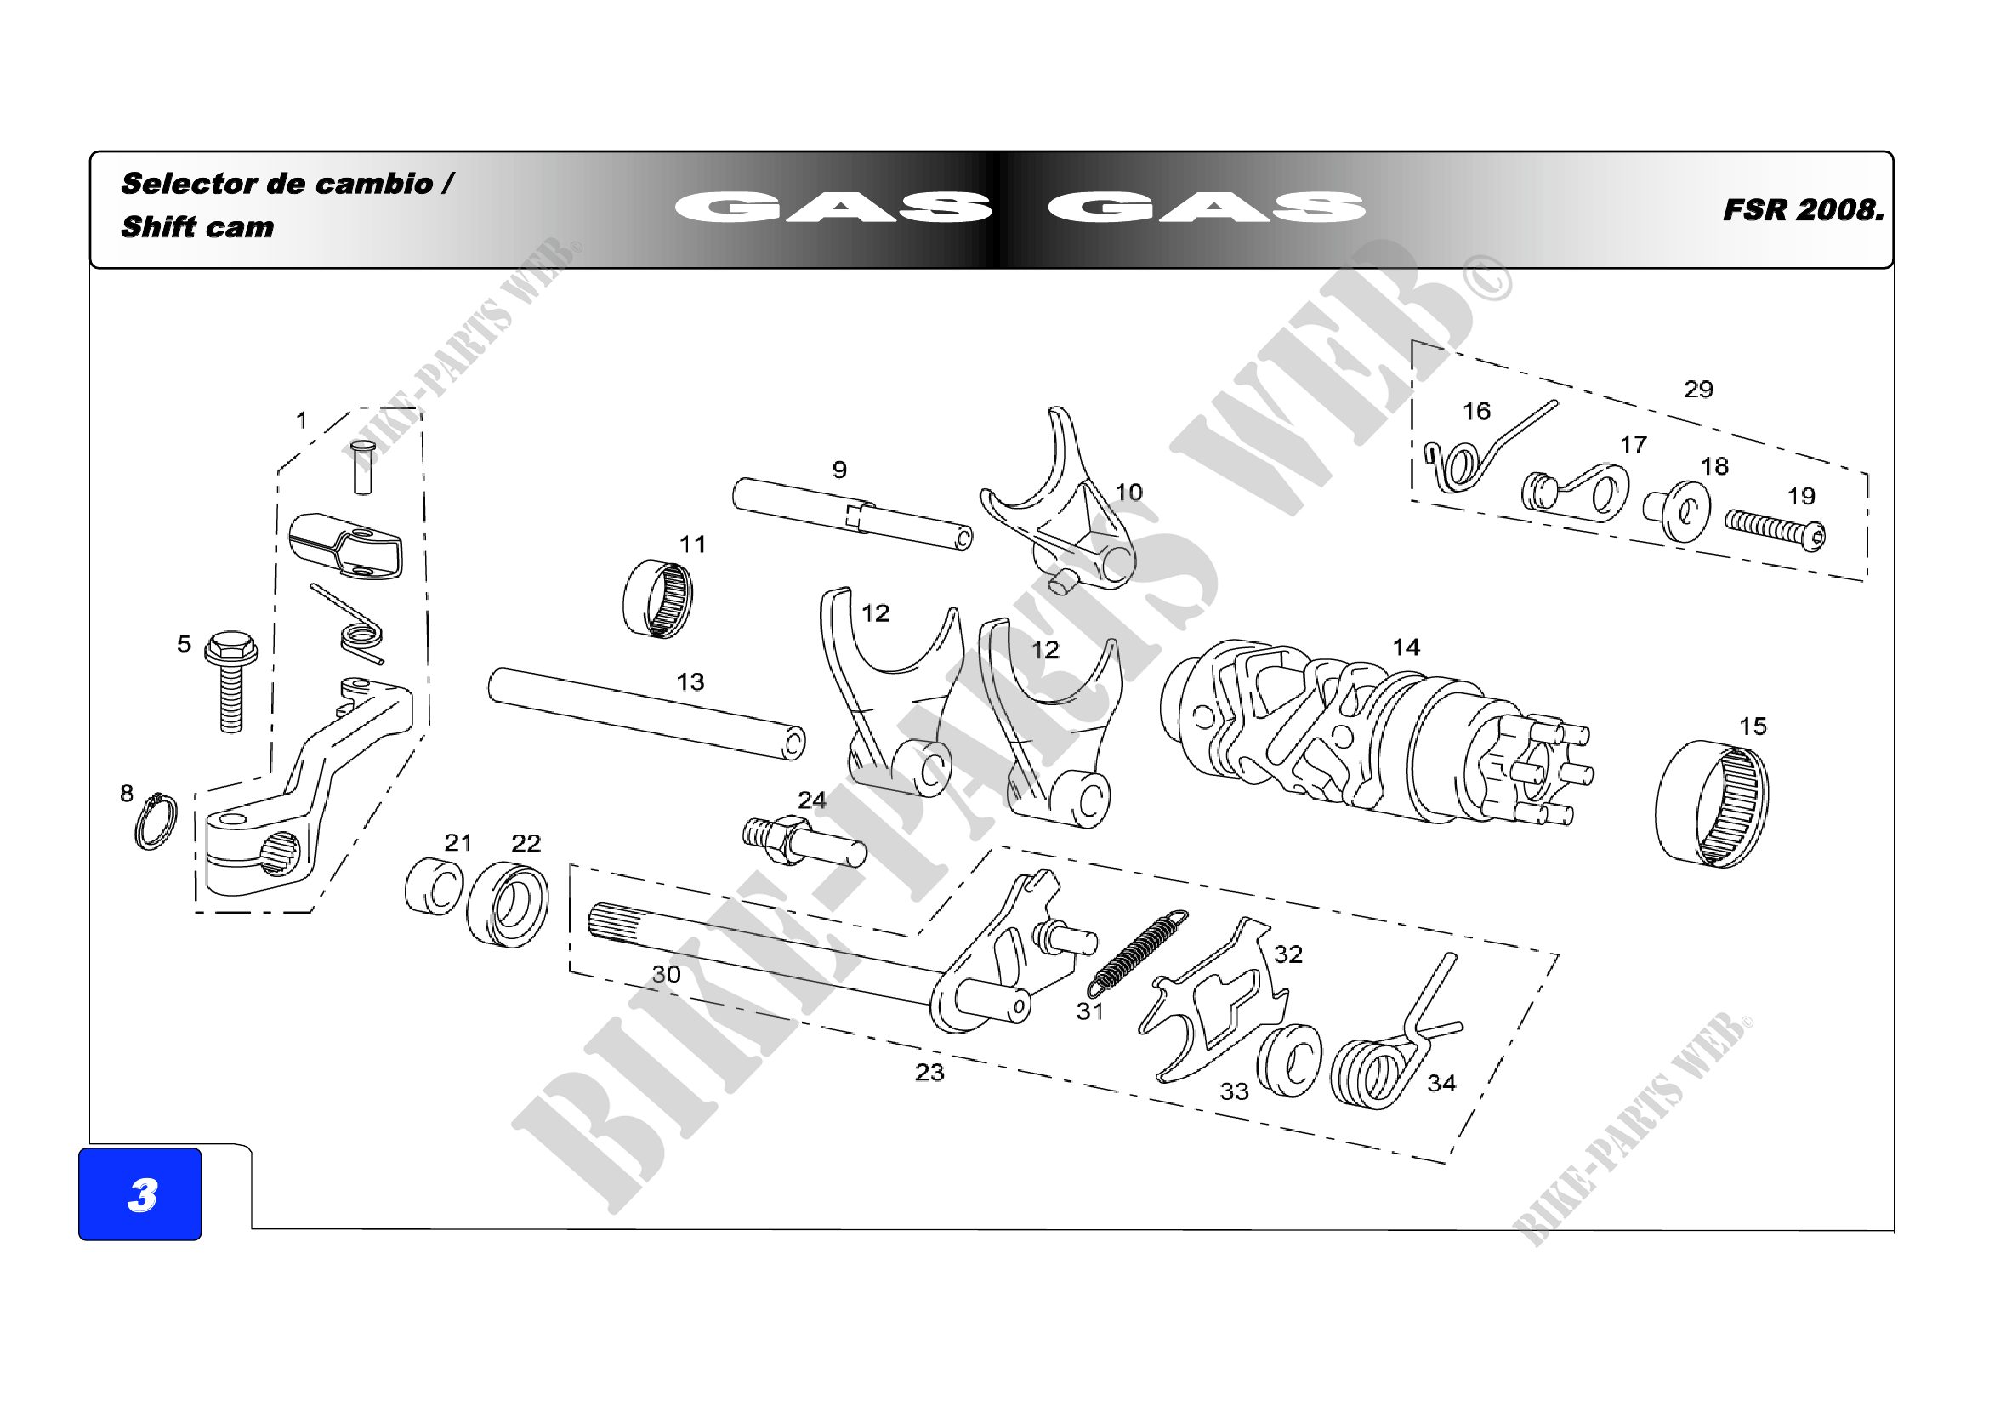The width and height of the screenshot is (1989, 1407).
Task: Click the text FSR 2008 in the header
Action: [x=1803, y=209]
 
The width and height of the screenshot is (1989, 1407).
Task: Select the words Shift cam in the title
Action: [x=197, y=227]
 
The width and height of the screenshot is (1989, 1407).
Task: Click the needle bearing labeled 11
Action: [x=658, y=599]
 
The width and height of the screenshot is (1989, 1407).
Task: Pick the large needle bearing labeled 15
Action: [x=1712, y=804]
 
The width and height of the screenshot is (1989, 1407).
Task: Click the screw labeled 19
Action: [x=1775, y=529]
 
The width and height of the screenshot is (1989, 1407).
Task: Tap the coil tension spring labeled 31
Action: [x=1138, y=953]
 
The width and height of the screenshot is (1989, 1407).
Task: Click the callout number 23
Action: [x=929, y=1073]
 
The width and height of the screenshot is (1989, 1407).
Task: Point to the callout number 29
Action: [x=1698, y=389]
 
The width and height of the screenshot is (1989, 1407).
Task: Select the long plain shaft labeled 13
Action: [x=647, y=714]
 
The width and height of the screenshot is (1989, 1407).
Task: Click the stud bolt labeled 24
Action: [x=804, y=841]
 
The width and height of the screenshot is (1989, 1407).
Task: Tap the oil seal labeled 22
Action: [x=508, y=903]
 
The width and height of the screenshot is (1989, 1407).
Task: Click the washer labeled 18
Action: [x=1677, y=512]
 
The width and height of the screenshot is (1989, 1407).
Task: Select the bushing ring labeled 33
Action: [x=1289, y=1061]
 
